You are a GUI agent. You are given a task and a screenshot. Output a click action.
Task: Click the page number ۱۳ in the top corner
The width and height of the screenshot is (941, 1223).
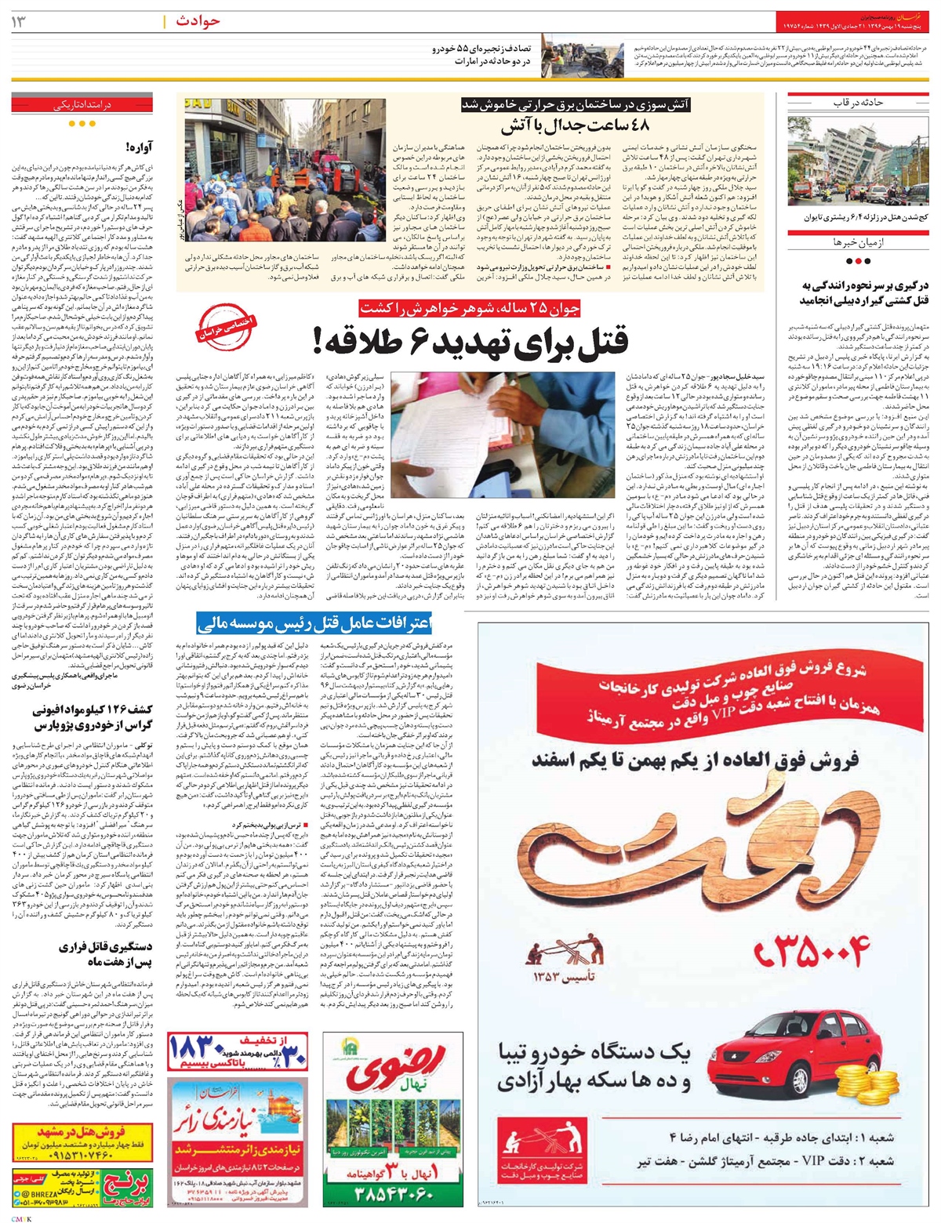pyautogui.click(x=20, y=21)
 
